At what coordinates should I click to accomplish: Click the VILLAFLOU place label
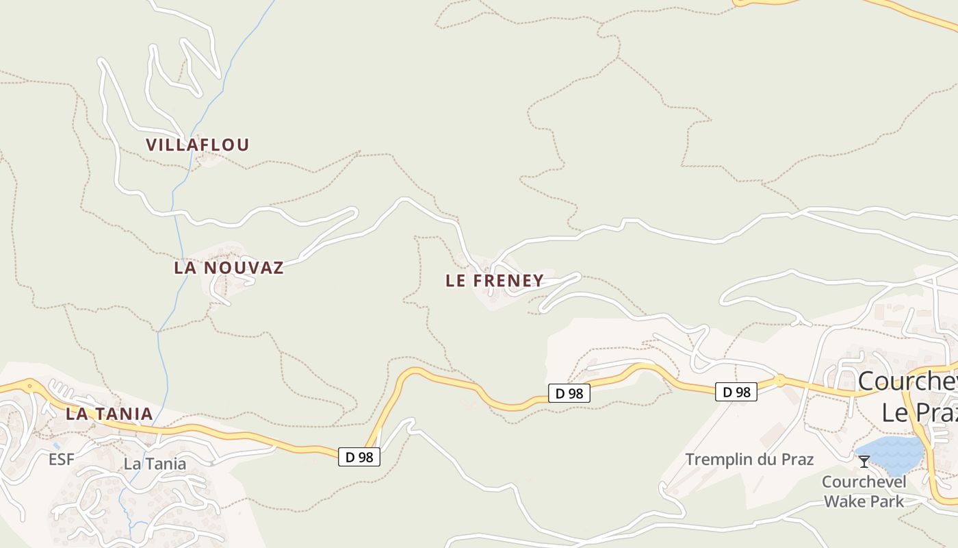(x=198, y=145)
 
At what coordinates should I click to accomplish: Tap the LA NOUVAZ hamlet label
(x=229, y=268)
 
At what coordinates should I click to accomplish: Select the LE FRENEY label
(x=495, y=281)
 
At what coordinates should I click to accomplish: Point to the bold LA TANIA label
(x=109, y=414)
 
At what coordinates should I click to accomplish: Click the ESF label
(x=62, y=460)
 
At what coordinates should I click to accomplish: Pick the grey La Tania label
(x=155, y=464)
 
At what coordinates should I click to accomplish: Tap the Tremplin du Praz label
(x=749, y=459)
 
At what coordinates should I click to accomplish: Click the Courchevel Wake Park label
(x=864, y=491)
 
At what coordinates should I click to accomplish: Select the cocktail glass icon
(x=864, y=462)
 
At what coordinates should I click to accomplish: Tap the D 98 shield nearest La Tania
(x=359, y=457)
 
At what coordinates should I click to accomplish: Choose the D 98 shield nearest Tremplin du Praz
(x=736, y=392)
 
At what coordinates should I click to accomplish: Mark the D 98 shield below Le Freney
(x=569, y=393)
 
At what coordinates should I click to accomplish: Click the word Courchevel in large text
(x=907, y=382)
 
